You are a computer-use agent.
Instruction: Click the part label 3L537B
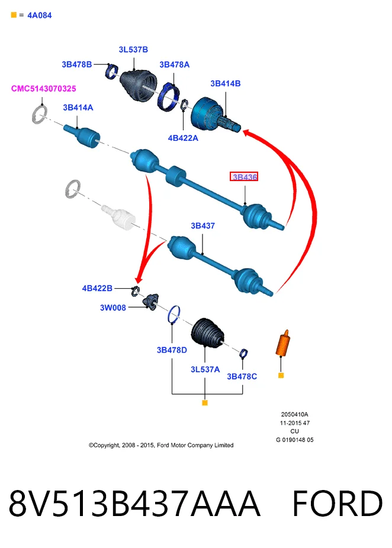coord(133,50)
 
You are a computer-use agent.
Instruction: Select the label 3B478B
coord(76,65)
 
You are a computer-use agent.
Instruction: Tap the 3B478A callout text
coord(175,65)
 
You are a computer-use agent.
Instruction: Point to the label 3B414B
coord(226,83)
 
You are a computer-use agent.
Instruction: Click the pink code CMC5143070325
coord(44,88)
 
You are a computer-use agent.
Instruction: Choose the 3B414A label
coord(78,108)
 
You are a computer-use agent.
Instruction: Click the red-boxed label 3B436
coord(244,177)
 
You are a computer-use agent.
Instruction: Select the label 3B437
coord(203,226)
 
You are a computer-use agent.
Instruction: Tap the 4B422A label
coord(183,138)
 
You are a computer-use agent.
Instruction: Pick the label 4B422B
coord(97,288)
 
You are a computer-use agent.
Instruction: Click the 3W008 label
coord(113,308)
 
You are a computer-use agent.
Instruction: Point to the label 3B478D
coord(172,350)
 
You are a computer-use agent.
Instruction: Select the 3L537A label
coord(205,369)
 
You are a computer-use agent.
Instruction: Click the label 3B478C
coord(242,376)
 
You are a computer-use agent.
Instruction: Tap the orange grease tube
coord(283,343)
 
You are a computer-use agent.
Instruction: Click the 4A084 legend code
coord(40,15)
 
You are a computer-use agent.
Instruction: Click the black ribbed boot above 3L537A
coord(207,333)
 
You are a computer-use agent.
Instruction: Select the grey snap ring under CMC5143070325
coord(40,114)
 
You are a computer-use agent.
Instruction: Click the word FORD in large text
coord(337,503)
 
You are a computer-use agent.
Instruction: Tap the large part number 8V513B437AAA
coord(134,503)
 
